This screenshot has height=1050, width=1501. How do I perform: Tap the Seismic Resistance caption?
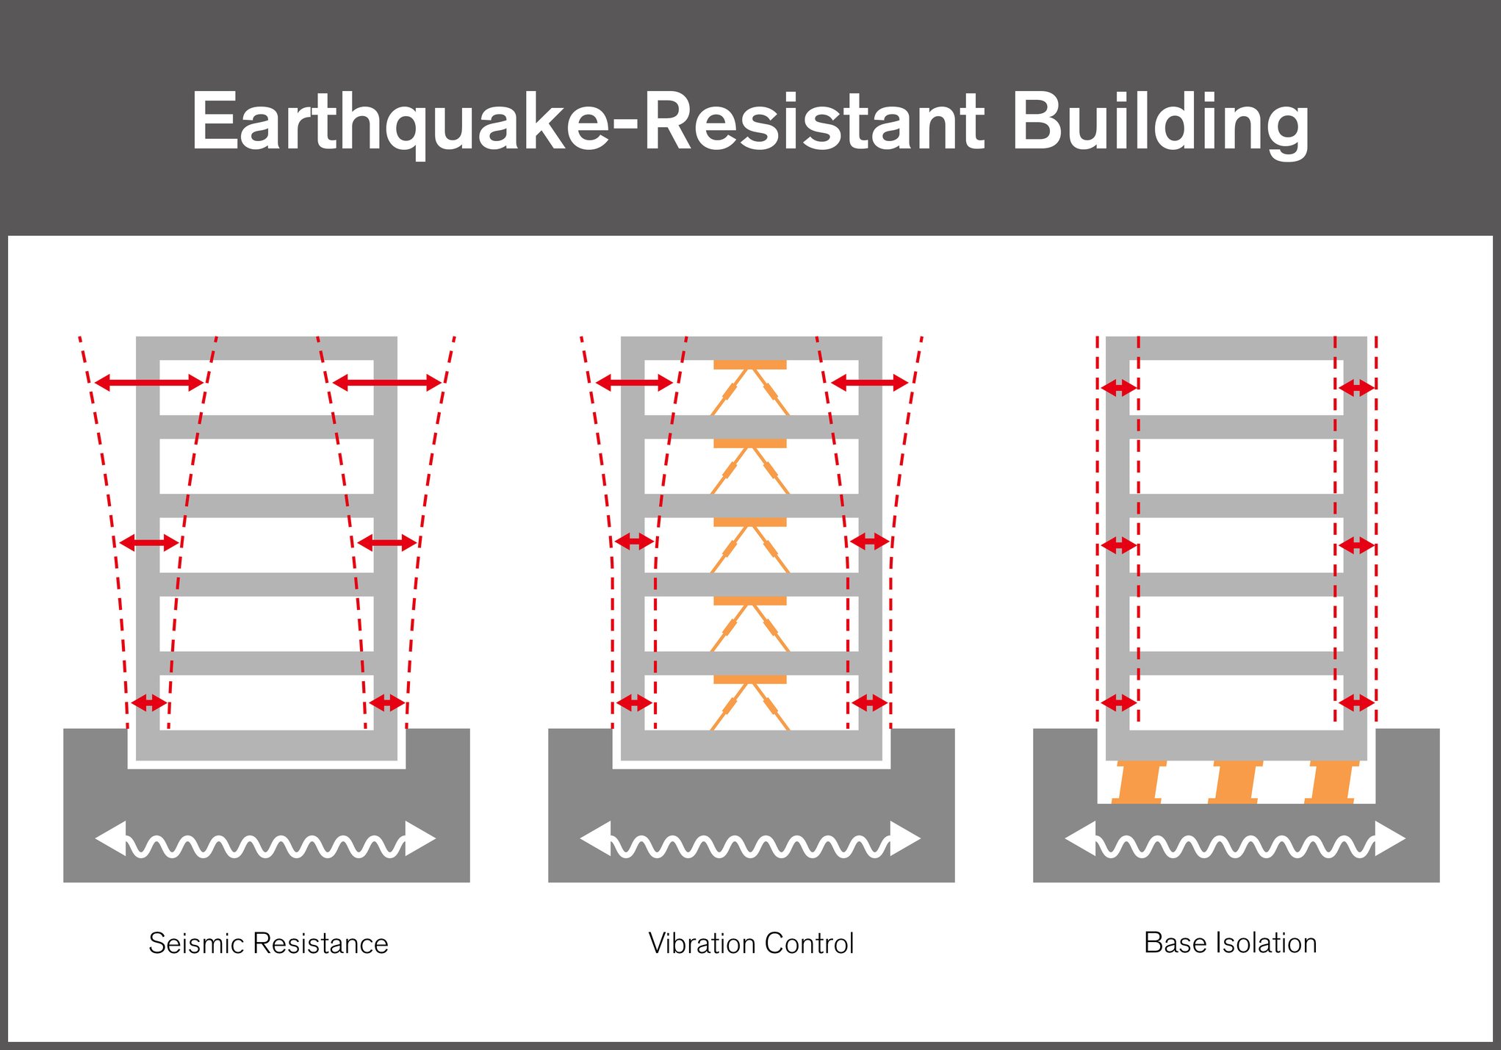(268, 943)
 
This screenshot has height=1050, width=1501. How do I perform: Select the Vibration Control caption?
(751, 943)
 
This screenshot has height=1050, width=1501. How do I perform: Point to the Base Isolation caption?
(1230, 943)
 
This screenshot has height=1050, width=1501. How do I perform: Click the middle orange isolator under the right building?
(1235, 783)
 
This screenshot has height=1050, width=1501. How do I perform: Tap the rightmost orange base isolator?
(1331, 783)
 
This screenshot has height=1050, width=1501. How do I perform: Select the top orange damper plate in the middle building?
(749, 364)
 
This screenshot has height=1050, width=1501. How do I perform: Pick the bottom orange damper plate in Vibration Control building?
(749, 680)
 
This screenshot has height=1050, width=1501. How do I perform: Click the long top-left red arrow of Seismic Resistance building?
(149, 382)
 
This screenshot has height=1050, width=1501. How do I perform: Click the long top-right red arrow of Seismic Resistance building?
(386, 382)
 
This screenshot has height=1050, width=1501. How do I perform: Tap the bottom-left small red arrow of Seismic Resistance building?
(148, 703)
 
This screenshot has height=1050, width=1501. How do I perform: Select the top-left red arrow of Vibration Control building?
(634, 382)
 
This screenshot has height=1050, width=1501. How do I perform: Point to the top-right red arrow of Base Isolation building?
(1356, 387)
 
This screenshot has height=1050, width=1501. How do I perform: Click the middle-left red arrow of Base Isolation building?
(1118, 546)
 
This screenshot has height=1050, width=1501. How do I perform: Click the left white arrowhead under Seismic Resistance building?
(111, 838)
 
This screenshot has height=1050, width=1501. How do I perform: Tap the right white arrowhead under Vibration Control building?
(904, 838)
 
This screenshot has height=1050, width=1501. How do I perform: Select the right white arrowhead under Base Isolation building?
(1389, 838)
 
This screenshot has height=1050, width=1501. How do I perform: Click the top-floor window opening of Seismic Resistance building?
(267, 387)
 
